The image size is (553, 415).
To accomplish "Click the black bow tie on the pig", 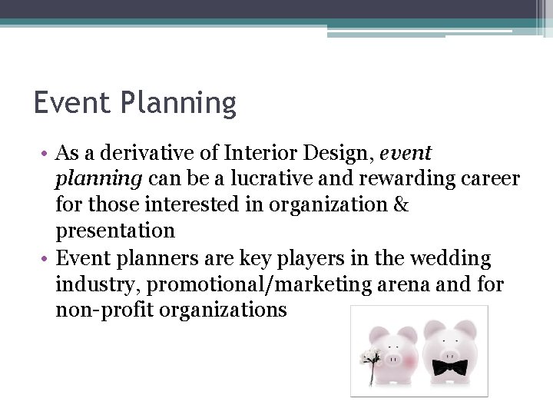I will [449, 367].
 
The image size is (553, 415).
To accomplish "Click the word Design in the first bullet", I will [341, 154].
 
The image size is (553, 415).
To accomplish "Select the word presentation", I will [115, 231].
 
